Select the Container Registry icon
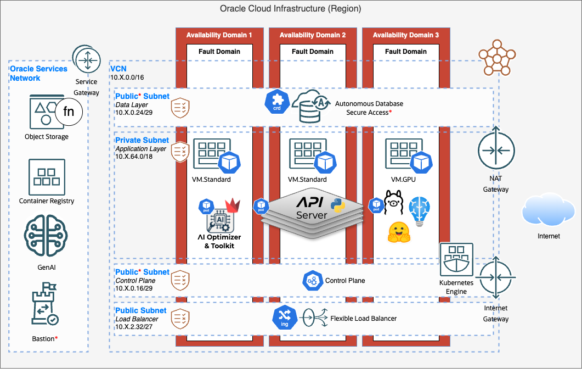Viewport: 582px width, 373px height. [47, 177]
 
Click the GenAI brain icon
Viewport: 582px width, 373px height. [46, 237]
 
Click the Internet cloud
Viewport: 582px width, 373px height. [549, 211]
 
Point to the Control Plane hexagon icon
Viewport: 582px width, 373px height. [312, 281]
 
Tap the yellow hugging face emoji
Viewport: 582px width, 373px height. [399, 233]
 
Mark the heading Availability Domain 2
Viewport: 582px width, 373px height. [313, 35]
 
